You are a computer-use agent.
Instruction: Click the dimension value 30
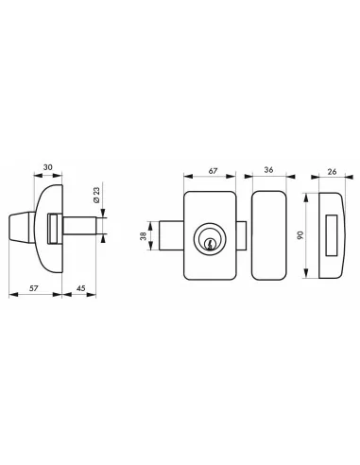[x=46, y=172]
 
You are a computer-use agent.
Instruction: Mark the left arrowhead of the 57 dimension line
[x=10, y=294]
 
